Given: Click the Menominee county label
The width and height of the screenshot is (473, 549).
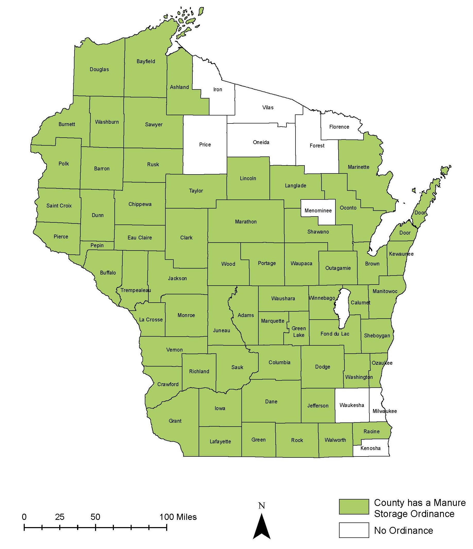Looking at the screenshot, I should point(318,211).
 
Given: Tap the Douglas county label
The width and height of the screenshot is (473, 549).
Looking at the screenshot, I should point(99,69).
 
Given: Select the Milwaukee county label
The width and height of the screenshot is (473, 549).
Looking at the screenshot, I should point(385,411).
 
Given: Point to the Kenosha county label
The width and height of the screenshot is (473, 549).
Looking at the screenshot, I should point(370,448).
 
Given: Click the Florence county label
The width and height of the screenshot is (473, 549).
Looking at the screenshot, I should point(339,127).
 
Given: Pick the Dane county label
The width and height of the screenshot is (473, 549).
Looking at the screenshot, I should point(271,401).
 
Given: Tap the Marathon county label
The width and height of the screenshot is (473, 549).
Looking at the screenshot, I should point(246,221).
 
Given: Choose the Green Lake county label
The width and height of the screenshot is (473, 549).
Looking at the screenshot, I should point(299,331).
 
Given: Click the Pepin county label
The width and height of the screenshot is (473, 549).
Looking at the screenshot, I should point(97,245).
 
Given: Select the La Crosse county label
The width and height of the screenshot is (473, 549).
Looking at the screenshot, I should point(151,320).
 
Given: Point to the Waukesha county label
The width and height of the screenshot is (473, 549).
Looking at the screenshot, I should point(352,405).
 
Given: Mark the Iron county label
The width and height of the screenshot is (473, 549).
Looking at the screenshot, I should point(217,89).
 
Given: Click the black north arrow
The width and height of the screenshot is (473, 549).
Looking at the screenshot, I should point(262,527).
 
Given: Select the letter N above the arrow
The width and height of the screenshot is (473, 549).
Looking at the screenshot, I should point(262,506).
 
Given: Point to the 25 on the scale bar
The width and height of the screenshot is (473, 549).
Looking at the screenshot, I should point(60,517).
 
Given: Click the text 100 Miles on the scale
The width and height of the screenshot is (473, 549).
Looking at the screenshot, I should point(178,517).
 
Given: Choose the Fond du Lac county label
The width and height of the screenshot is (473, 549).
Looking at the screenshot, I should point(335,334).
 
